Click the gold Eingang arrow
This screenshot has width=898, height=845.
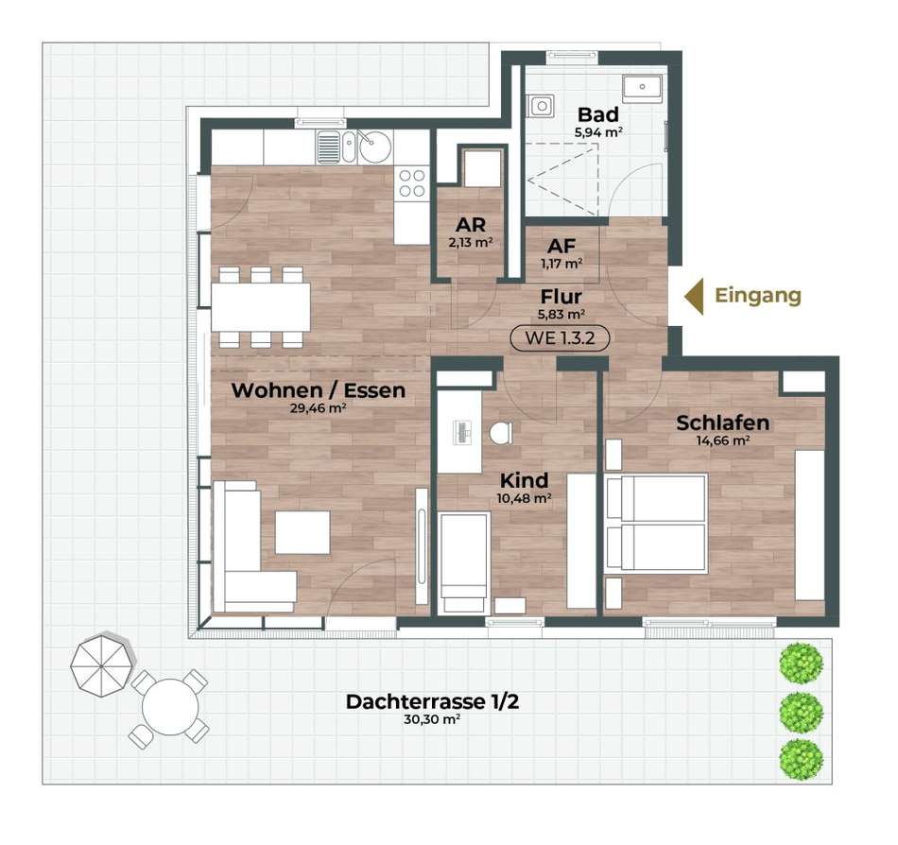point(694,296)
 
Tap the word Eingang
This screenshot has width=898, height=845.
point(758,296)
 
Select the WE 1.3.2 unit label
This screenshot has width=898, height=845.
point(560,337)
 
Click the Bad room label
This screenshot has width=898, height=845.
point(598,114)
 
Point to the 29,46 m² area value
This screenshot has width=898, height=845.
point(318,408)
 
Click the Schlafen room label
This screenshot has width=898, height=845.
point(723,423)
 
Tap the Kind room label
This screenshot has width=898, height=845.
point(524,480)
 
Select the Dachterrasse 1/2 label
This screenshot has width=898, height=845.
point(432,702)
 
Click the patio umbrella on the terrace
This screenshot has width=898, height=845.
point(102,664)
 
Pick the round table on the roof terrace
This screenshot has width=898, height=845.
point(170,707)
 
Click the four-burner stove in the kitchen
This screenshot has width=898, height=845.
point(412,182)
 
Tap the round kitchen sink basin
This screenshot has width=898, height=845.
point(375,147)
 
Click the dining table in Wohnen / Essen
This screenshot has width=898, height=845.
point(261,307)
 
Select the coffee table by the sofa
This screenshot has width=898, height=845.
point(302,532)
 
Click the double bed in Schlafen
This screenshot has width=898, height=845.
point(655,522)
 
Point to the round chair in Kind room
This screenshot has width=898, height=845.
point(501,434)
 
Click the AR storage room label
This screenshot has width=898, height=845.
point(471,224)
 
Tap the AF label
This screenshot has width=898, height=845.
point(561,246)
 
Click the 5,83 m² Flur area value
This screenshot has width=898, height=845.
point(561,315)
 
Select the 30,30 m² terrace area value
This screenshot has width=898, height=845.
point(432,719)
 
